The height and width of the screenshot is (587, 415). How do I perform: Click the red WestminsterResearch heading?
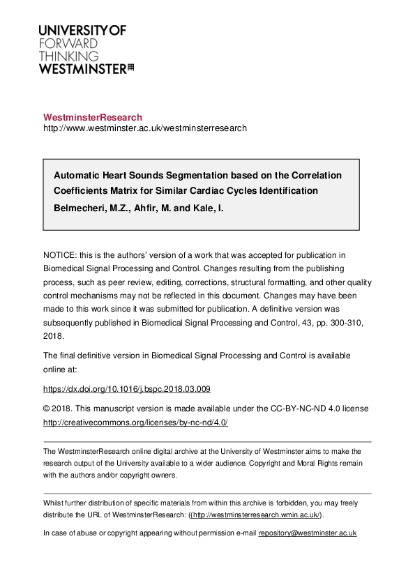click(93, 117)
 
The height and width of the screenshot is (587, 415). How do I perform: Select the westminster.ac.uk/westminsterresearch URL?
click(145, 128)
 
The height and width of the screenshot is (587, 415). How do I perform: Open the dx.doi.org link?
click(127, 389)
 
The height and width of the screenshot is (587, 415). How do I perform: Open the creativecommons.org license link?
click(135, 422)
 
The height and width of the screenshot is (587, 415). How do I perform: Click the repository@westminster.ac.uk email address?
click(308, 533)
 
